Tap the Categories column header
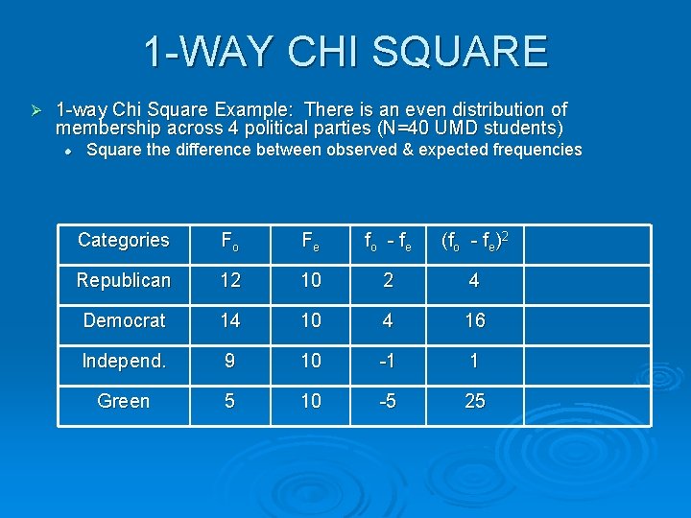(124, 241)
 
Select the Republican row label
(124, 281)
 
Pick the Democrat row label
(124, 321)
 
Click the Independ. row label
(124, 362)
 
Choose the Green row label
(124, 402)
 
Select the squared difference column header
(474, 241)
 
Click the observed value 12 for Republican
(230, 281)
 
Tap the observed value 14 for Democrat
(230, 321)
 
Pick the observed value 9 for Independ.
(230, 362)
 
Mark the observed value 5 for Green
(230, 402)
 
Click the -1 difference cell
(388, 362)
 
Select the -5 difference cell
(388, 402)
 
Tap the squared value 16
(475, 321)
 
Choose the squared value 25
(475, 402)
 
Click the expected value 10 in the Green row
(311, 402)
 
